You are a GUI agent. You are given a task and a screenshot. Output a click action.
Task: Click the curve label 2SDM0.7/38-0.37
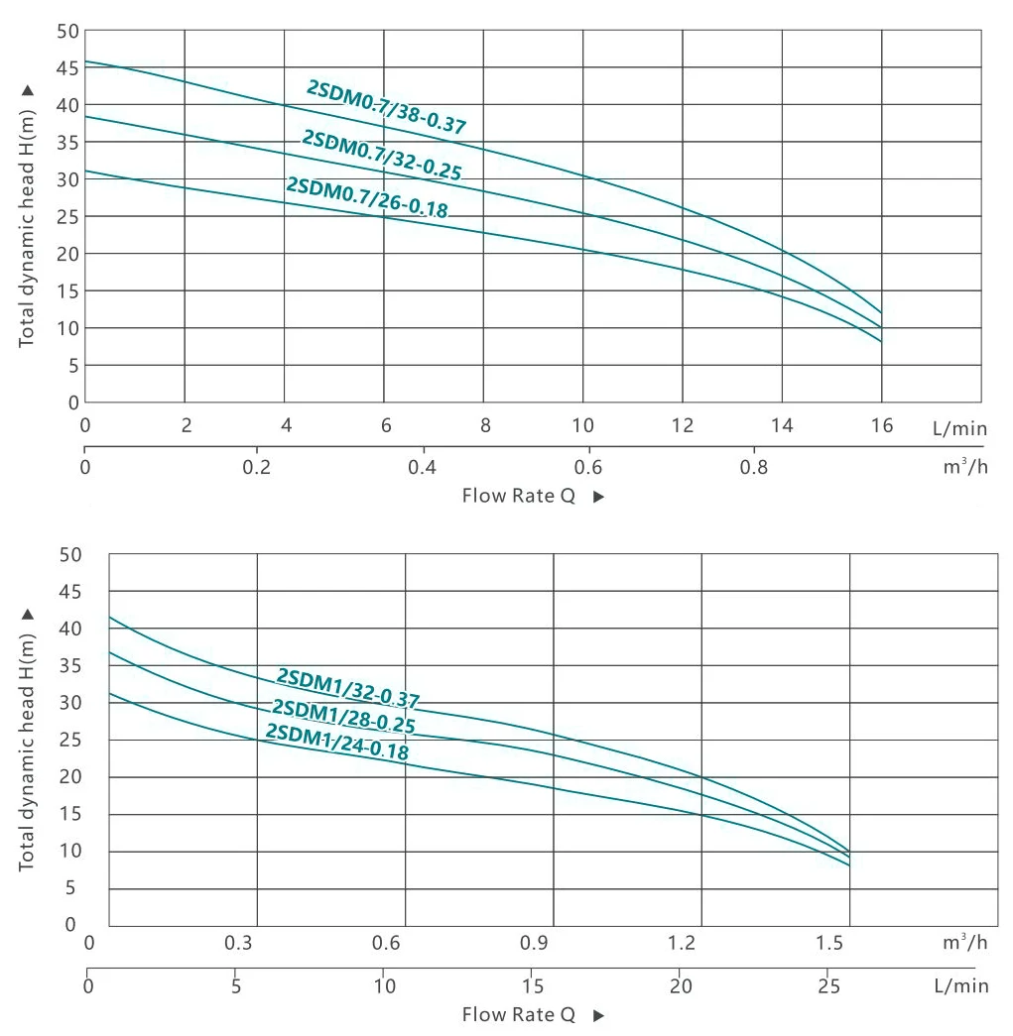[x=387, y=106]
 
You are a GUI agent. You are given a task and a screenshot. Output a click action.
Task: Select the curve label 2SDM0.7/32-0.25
[x=382, y=156]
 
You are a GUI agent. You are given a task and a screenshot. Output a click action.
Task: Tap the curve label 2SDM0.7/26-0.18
[x=367, y=196]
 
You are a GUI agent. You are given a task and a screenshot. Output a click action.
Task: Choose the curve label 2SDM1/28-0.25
[x=343, y=717]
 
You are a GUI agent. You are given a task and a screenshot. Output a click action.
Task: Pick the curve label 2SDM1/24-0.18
[x=337, y=742]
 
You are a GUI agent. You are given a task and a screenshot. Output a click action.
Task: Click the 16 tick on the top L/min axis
[x=881, y=426]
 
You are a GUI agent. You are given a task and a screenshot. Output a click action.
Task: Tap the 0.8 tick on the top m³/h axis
[x=755, y=466]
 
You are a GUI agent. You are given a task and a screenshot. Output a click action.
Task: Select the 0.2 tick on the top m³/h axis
[x=257, y=466]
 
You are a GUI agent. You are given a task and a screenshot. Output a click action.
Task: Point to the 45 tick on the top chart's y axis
[x=67, y=68]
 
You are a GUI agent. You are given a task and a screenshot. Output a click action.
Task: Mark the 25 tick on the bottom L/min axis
[x=826, y=986]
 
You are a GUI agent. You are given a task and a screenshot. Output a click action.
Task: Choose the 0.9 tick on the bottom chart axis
[x=533, y=943]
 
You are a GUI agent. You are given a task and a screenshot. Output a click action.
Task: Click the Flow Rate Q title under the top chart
[x=518, y=496]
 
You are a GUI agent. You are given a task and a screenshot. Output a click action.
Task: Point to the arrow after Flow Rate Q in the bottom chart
[x=598, y=1015]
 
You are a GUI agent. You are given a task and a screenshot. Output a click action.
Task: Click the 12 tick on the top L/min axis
[x=682, y=426]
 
